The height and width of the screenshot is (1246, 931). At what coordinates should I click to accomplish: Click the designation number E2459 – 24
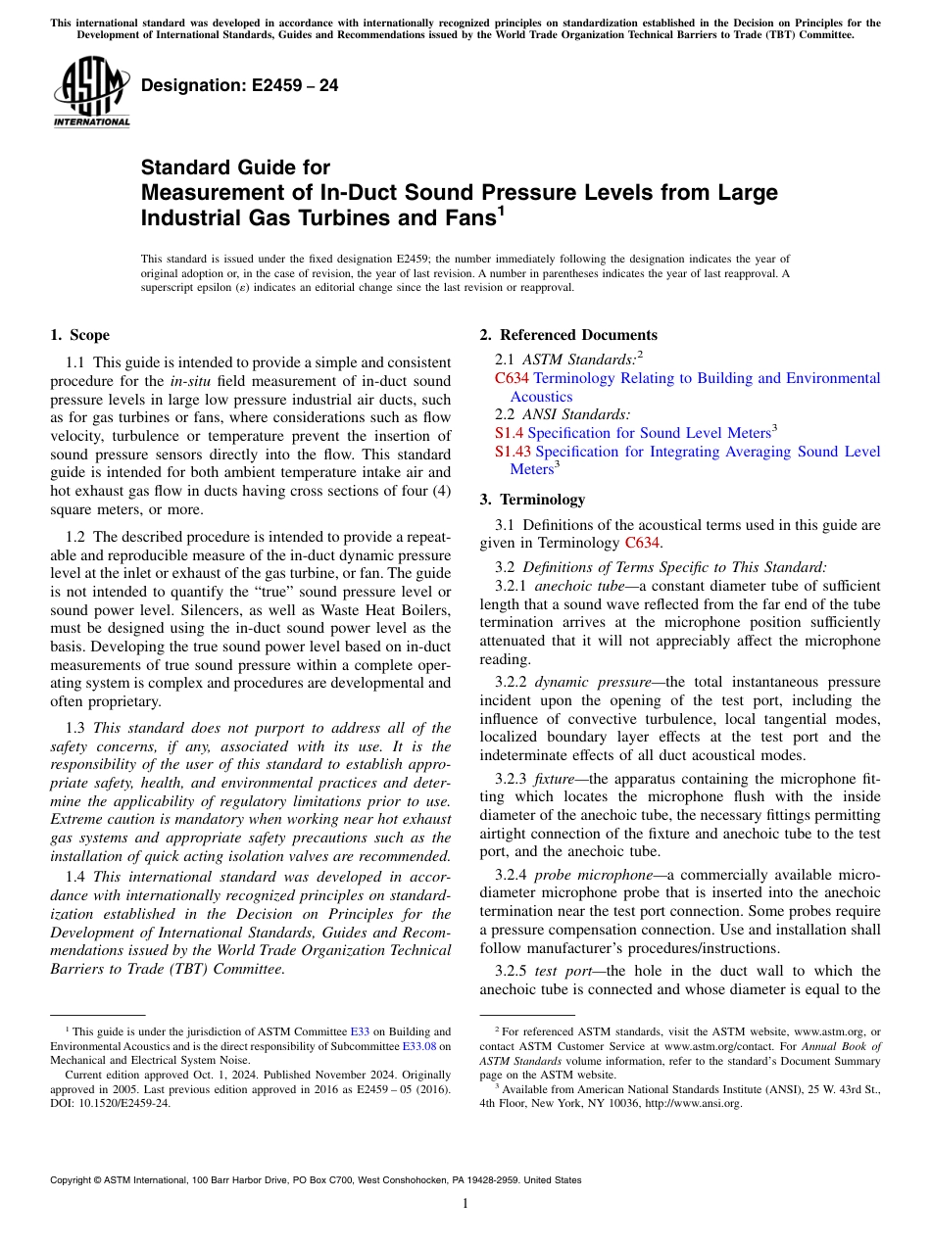point(240,85)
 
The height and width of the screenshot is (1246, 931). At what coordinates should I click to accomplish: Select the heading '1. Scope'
point(80,335)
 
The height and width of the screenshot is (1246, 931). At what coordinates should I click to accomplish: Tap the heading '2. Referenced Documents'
point(568,335)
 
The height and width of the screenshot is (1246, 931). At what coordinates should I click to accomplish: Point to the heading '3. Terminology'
point(532,500)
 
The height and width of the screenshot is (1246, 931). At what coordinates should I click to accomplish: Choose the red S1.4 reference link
point(510,433)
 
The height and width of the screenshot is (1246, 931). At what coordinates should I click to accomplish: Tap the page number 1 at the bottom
point(465,1204)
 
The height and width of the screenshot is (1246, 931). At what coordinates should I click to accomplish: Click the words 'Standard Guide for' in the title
point(236,168)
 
